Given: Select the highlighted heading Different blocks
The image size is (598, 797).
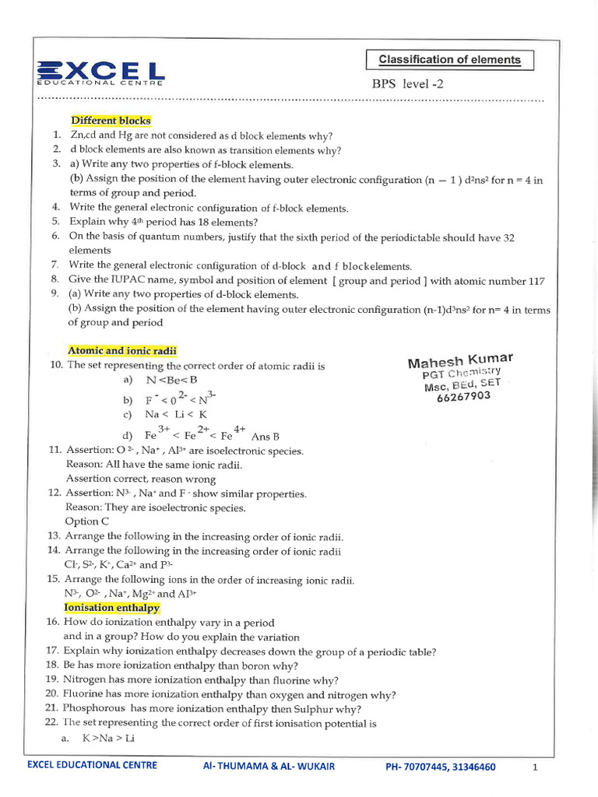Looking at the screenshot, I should (x=111, y=121).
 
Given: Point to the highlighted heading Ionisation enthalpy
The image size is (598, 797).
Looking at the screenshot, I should (x=111, y=608).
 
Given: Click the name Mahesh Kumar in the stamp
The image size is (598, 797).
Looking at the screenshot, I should (x=460, y=360).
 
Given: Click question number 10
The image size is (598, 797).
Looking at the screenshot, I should (x=55, y=366).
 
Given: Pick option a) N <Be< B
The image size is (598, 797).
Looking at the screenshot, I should (x=160, y=381).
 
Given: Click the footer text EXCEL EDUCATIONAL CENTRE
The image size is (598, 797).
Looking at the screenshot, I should (x=92, y=765).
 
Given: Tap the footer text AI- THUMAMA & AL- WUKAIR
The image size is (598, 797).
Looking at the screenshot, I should (x=268, y=767).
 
